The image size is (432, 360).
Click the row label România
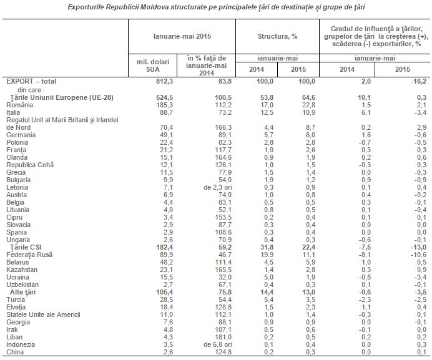coord(19,105)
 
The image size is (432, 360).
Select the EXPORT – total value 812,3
coord(165,81)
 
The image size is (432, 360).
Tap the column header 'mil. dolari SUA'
coord(153,66)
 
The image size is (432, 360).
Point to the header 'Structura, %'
coord(277,36)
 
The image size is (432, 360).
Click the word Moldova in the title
coord(154,7)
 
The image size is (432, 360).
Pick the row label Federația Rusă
coord(29,255)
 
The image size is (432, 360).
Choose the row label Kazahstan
coord(22,270)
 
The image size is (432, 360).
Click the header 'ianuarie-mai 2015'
coord(182,36)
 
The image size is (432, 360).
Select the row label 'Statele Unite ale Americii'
coord(43,314)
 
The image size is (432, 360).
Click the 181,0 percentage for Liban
coord(223,337)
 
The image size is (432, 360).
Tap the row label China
coord(15,352)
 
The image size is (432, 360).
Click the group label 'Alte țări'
coord(23,292)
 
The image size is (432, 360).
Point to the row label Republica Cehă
coord(30,165)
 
